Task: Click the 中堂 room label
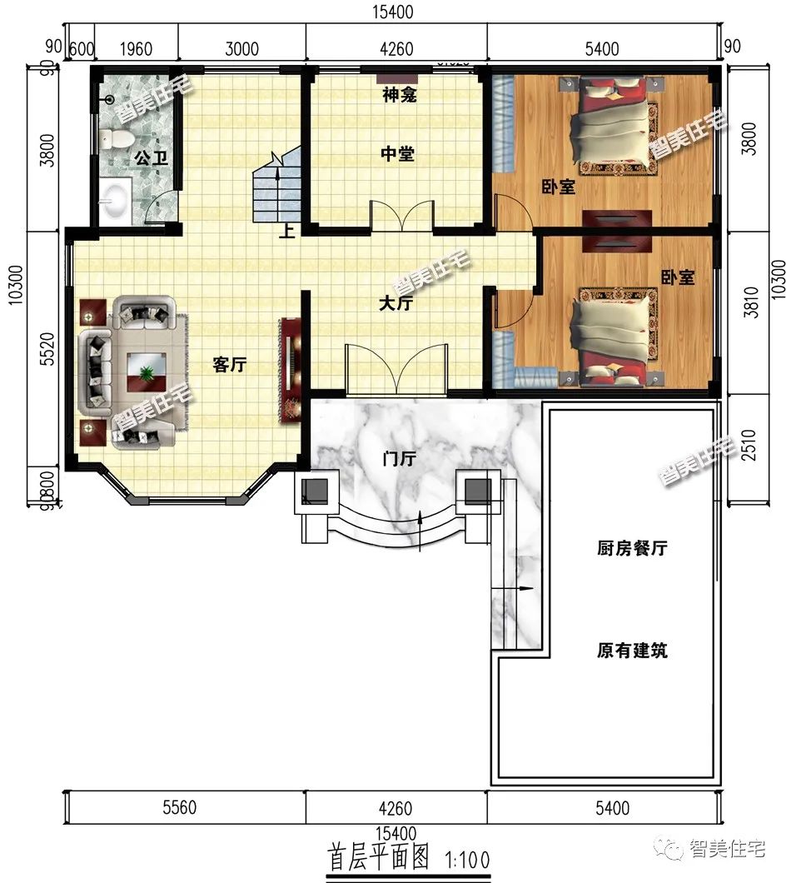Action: pyautogui.click(x=398, y=154)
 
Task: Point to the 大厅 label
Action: pyautogui.click(x=395, y=304)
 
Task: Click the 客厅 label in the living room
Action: pyautogui.click(x=229, y=365)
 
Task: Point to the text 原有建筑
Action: pyautogui.click(x=632, y=651)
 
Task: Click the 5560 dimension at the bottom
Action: pyautogui.click(x=179, y=808)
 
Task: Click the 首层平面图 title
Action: pyautogui.click(x=378, y=858)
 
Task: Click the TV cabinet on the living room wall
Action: pyautogui.click(x=289, y=368)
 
